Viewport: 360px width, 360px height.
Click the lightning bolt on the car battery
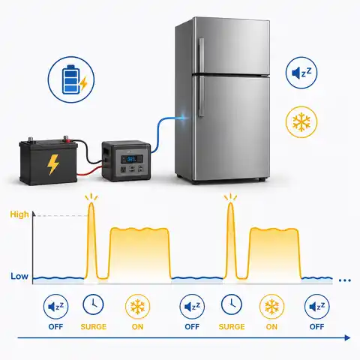[53, 164]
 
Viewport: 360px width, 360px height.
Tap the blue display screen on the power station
[131, 159]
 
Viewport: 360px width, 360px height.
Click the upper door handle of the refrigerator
[201, 55]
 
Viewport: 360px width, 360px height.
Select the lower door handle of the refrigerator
[201, 97]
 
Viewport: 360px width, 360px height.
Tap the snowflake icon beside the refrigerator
[301, 122]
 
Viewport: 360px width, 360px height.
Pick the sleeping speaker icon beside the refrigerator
[301, 73]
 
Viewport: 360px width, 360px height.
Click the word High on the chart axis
[19, 214]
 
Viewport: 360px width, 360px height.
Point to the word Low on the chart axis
[19, 276]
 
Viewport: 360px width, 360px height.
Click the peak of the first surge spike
[91, 202]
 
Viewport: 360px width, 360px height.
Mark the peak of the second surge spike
[230, 202]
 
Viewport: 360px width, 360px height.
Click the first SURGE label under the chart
[94, 327]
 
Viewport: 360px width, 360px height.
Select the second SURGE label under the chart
[232, 327]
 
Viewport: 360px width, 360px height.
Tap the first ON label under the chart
[137, 327]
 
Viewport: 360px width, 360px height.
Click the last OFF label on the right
[316, 327]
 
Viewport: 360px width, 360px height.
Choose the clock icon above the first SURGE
[93, 304]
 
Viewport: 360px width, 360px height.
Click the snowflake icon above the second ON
[271, 307]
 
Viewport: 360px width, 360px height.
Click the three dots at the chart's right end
[345, 280]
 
